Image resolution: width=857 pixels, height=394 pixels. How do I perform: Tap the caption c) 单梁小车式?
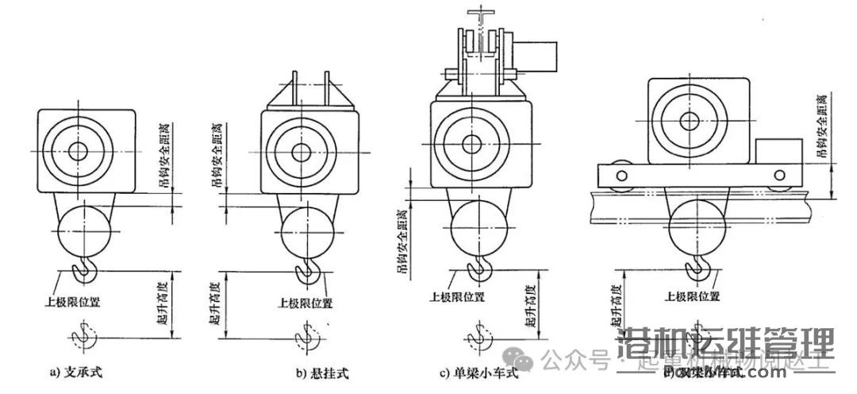coord(478,372)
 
